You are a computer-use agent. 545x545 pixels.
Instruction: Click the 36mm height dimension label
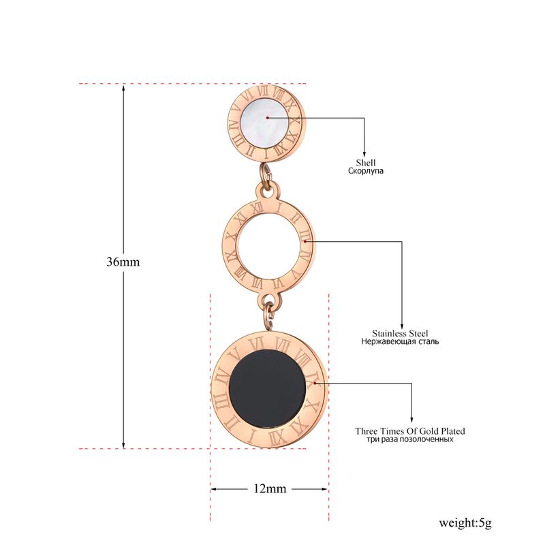tap(123, 262)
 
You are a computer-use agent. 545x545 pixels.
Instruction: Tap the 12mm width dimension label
tap(270, 488)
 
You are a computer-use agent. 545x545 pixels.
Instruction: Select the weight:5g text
tap(465, 523)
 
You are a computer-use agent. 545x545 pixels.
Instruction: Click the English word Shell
tap(366, 163)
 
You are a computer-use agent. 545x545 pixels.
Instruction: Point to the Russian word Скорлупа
tap(366, 171)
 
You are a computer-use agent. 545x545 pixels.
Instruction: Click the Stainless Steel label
tap(400, 333)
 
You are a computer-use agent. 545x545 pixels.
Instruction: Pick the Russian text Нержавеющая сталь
tap(400, 341)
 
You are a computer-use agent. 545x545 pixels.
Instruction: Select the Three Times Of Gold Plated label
tap(410, 431)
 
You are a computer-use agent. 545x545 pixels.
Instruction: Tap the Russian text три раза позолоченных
tap(410, 439)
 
